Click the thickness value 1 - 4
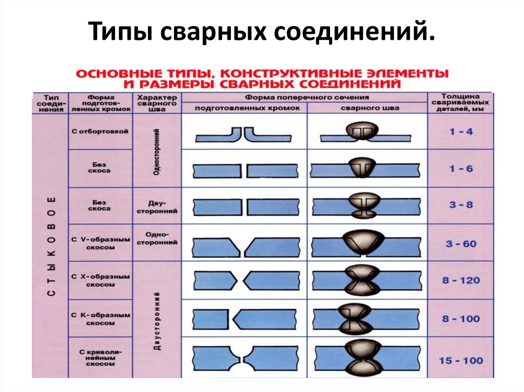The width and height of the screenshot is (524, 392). click(x=461, y=131)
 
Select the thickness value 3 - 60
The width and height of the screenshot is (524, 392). click(x=461, y=244)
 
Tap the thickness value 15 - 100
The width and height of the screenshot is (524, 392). click(x=461, y=361)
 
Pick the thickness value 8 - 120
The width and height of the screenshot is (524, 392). click(x=461, y=281)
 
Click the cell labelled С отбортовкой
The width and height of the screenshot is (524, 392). click(x=100, y=131)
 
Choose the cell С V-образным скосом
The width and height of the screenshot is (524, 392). click(x=101, y=243)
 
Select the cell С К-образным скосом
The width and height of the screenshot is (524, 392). click(x=101, y=319)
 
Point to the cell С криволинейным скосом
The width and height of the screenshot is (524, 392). click(x=101, y=358)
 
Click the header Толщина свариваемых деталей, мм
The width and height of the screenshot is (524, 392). click(x=460, y=103)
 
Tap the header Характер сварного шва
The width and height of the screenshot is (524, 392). click(x=157, y=103)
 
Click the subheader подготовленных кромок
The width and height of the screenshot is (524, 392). click(x=247, y=108)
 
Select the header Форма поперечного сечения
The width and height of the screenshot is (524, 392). click(x=307, y=98)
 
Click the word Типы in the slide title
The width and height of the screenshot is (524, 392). click(x=122, y=31)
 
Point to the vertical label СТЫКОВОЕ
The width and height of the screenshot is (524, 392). click(x=51, y=246)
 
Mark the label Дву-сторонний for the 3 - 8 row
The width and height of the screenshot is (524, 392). click(x=157, y=207)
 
